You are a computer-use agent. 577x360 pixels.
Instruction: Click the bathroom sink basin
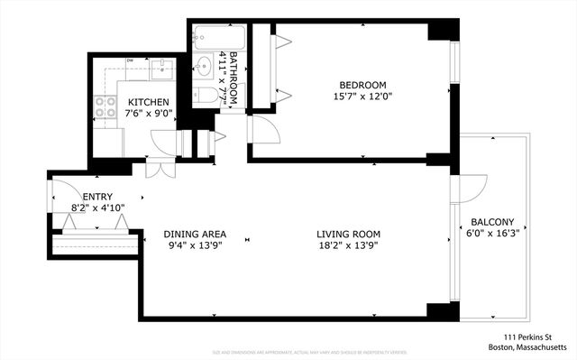pos(205,66)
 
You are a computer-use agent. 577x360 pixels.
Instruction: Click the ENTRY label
pos(96,196)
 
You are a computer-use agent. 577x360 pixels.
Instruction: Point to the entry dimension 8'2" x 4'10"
pos(96,208)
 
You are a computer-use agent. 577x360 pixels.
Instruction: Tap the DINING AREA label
pos(195,235)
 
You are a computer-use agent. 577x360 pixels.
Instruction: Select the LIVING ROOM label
pos(345,235)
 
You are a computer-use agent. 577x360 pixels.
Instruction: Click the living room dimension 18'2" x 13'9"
pos(345,246)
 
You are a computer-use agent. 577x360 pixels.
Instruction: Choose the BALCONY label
pos(492,222)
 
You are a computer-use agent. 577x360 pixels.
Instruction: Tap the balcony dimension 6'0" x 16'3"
pos(492,234)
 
